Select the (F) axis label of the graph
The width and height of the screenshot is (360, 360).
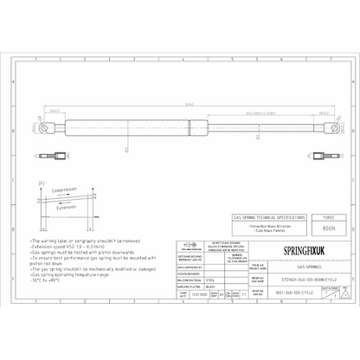41,185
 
